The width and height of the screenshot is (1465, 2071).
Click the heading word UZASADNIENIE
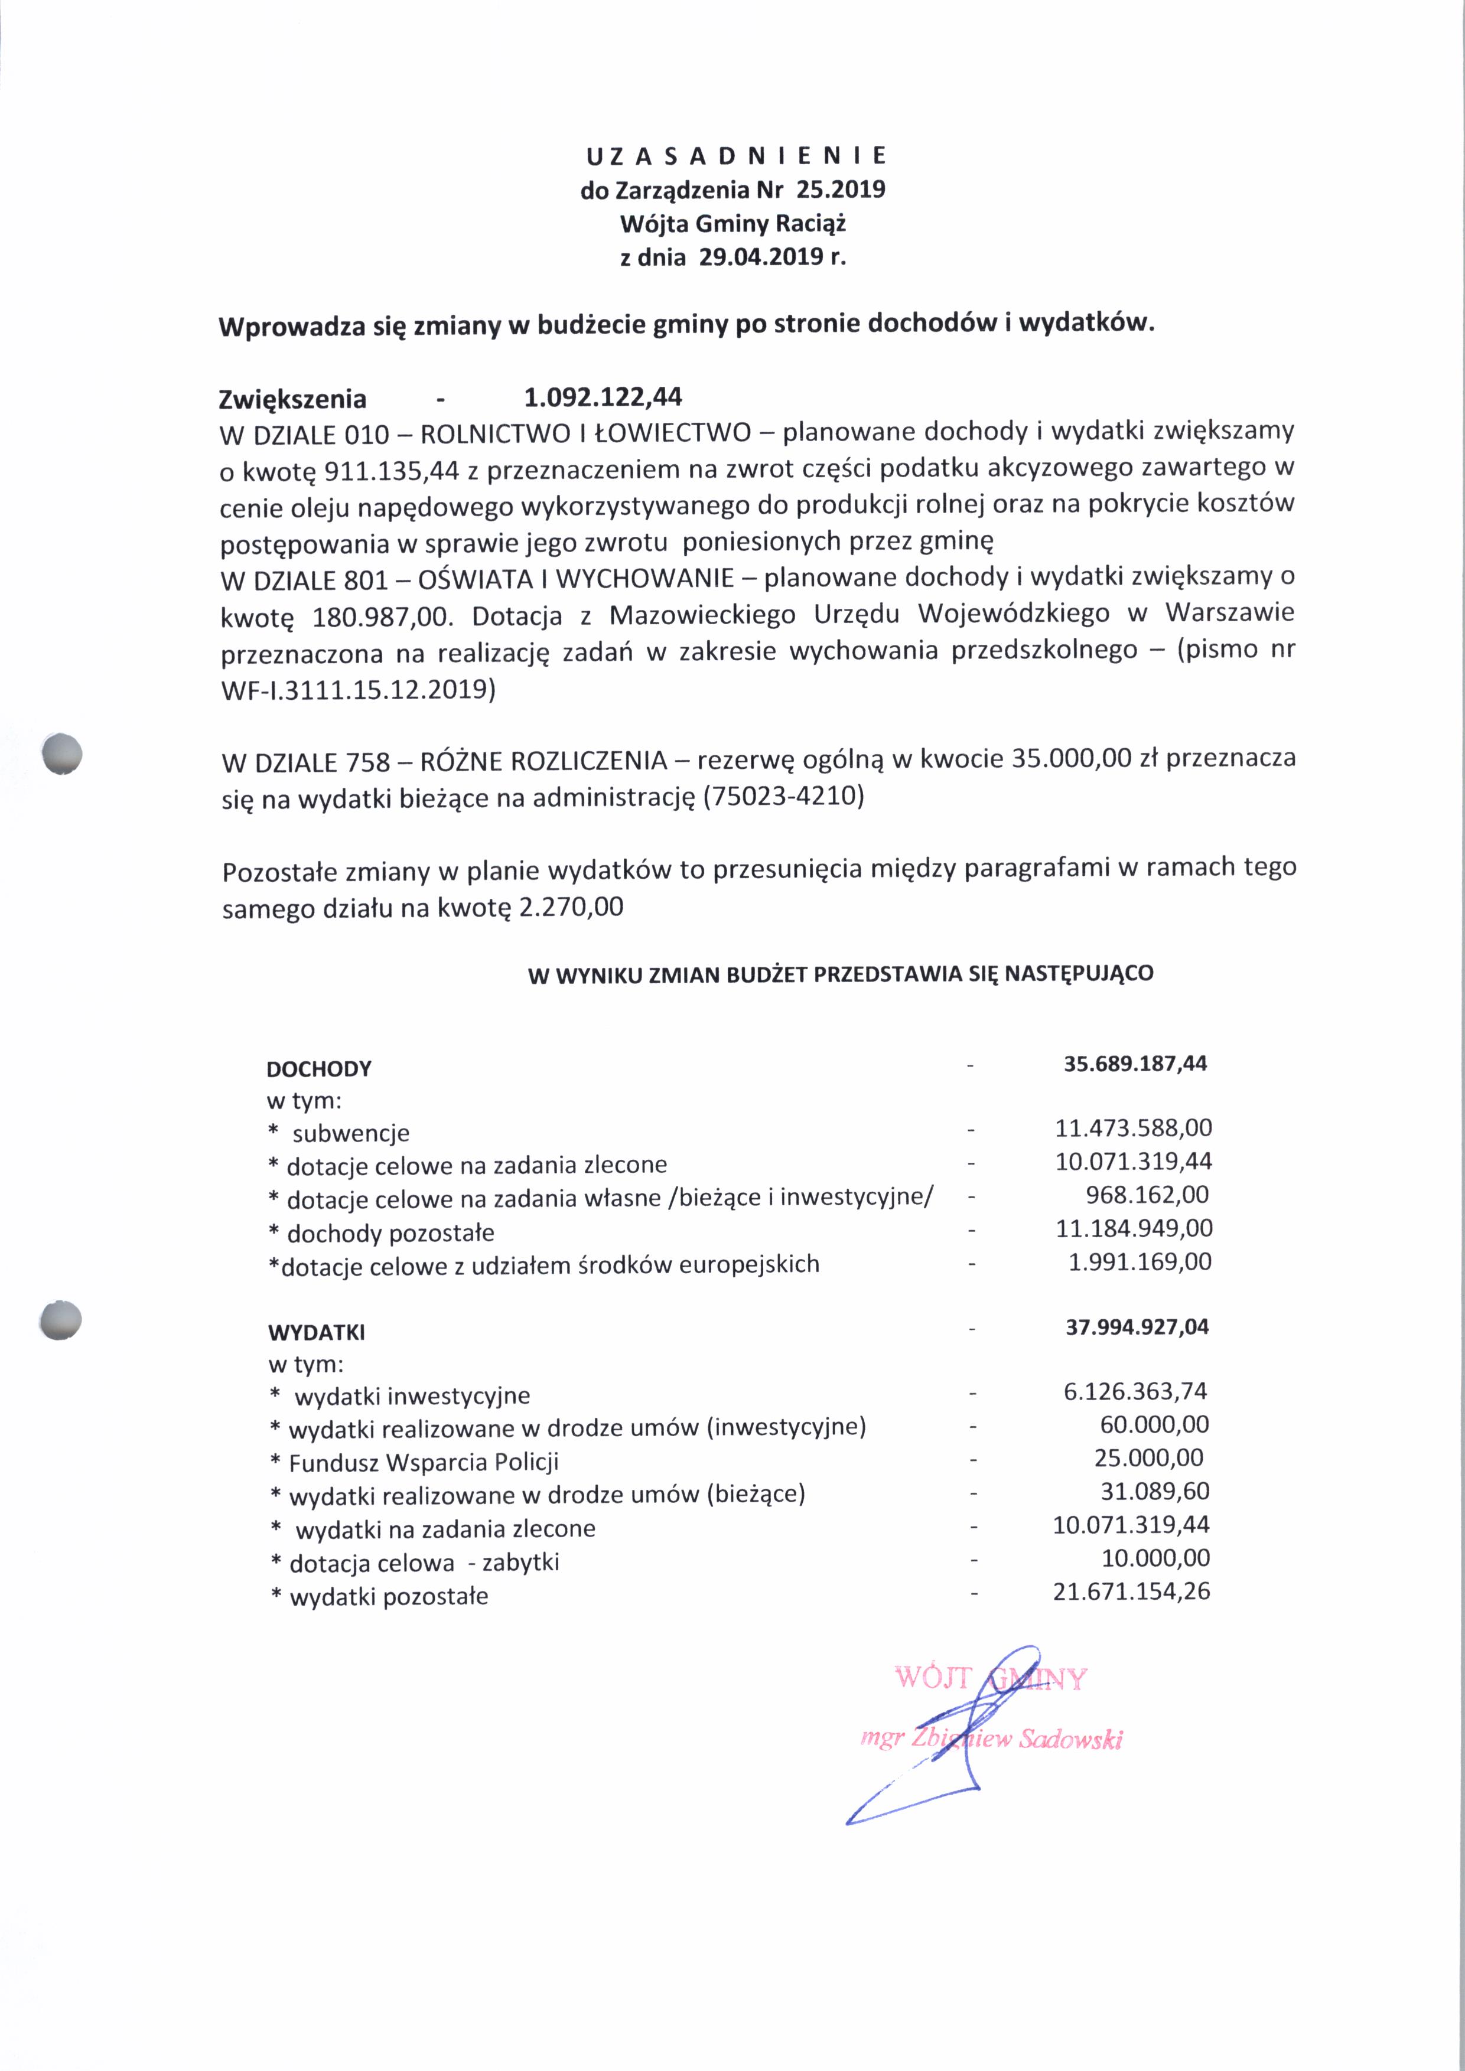point(736,156)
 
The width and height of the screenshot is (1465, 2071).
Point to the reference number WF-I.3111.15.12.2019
point(358,689)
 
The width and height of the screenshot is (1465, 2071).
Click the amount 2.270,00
point(571,906)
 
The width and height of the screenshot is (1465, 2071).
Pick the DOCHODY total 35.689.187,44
point(1135,1064)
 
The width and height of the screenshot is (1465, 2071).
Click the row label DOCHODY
point(320,1069)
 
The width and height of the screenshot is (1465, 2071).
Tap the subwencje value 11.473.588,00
point(1133,1127)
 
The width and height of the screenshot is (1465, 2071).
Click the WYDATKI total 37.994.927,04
point(1137,1327)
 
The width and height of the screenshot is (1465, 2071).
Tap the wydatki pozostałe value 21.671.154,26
point(1131,1591)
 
